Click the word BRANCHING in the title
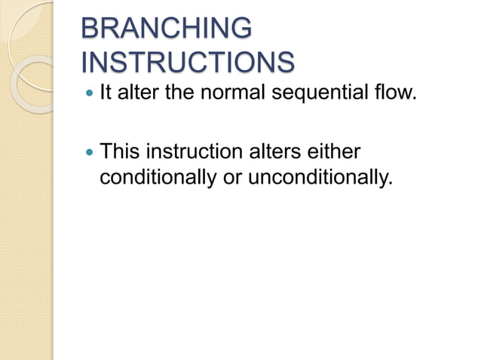pos(165,29)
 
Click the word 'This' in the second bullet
pos(121,152)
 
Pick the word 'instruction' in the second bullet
pos(193,152)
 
